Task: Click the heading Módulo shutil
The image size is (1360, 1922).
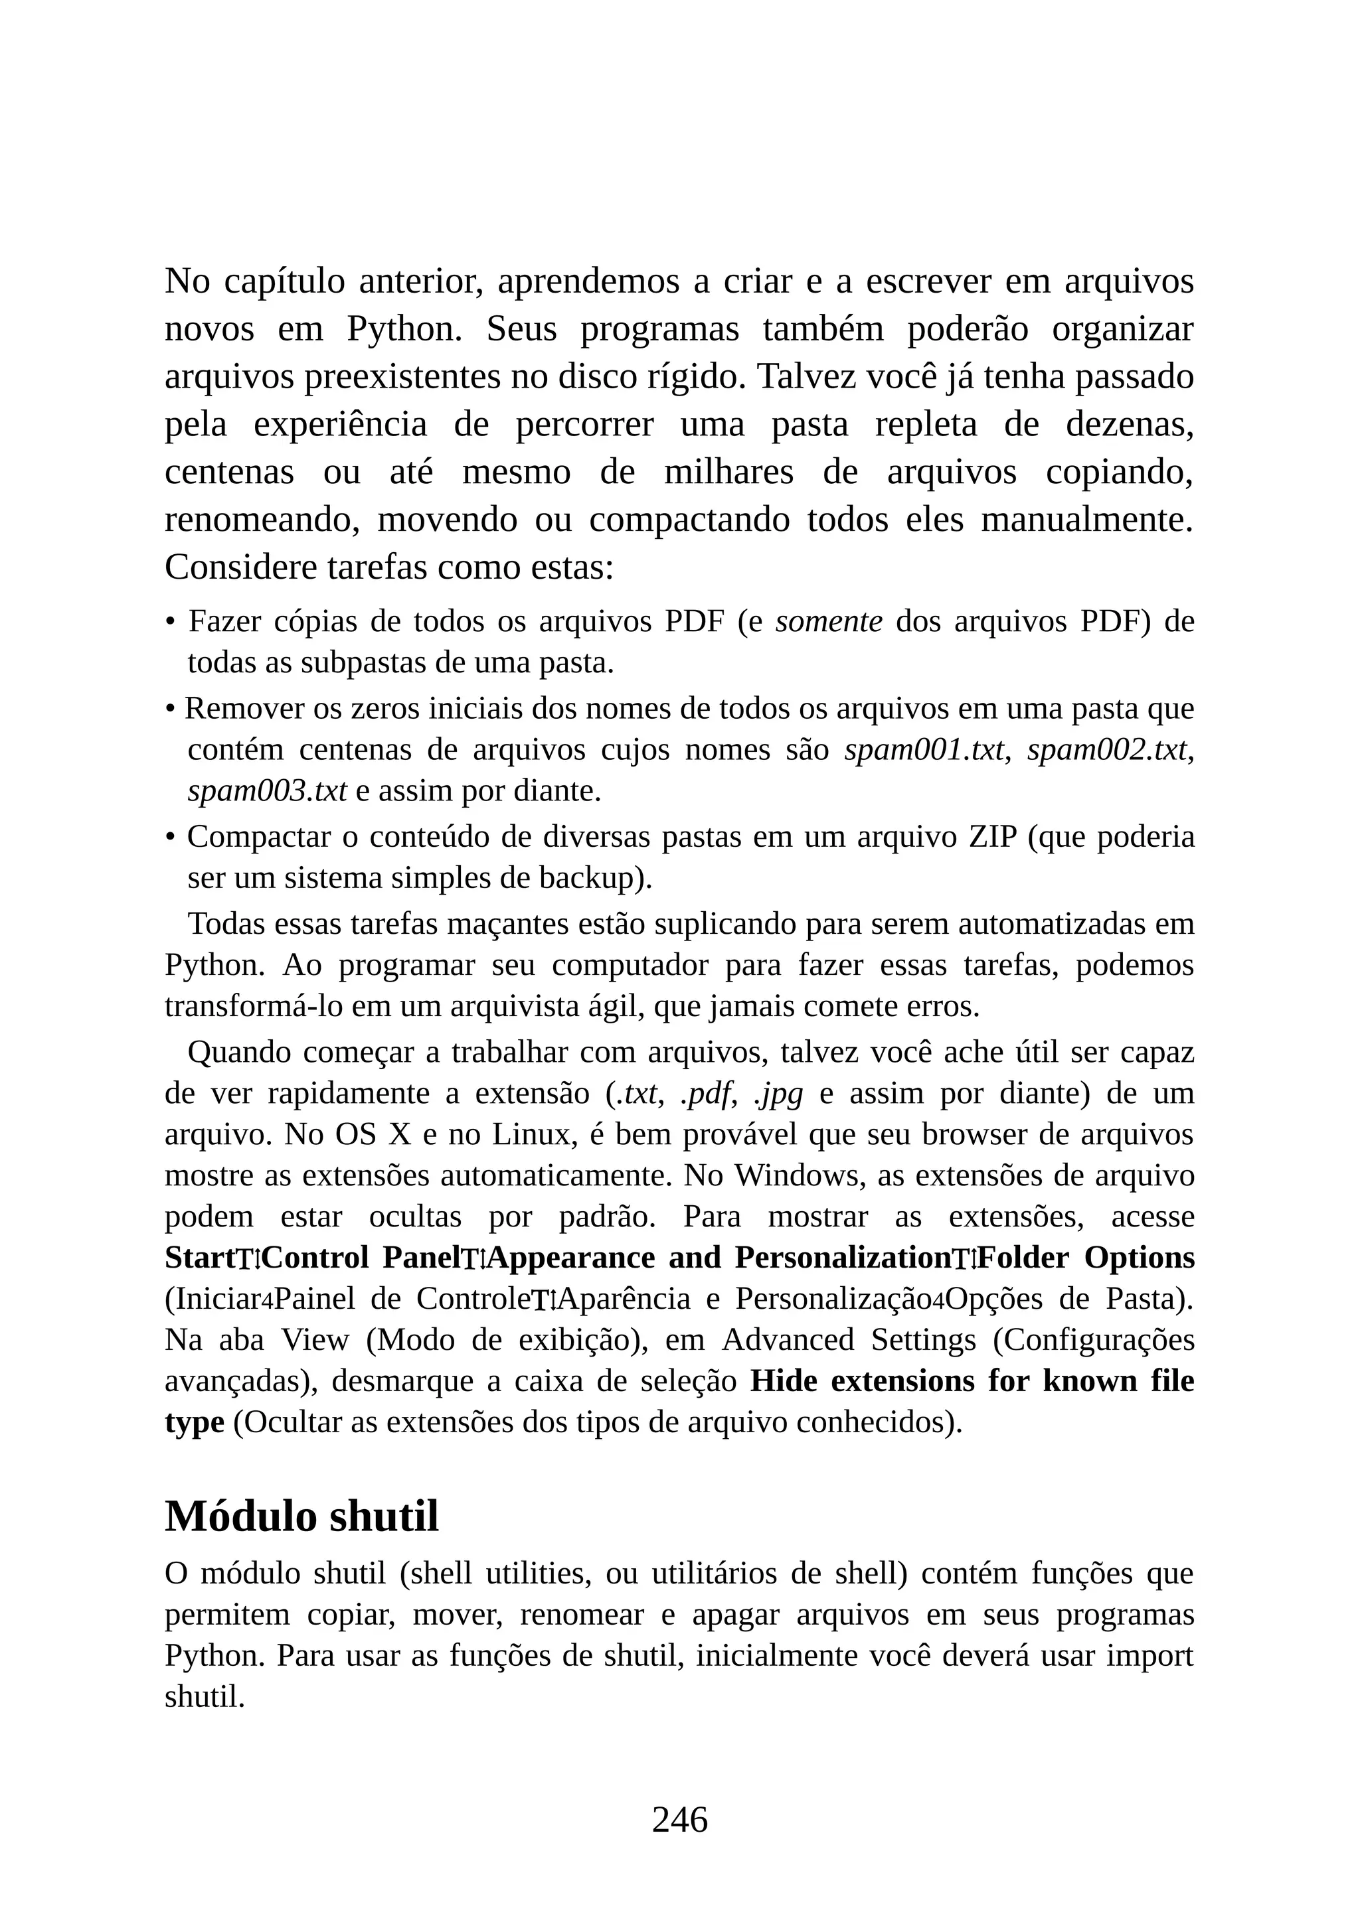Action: (x=301, y=1540)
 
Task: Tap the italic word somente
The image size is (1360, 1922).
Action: (x=828, y=622)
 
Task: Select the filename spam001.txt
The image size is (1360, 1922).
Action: (x=924, y=750)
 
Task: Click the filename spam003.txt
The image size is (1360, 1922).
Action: (x=266, y=791)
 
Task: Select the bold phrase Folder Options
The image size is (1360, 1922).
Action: (x=1086, y=1258)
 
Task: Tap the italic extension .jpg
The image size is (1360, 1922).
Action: (x=778, y=1093)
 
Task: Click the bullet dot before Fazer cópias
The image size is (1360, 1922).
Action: (x=170, y=623)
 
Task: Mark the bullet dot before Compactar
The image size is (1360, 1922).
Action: (x=170, y=837)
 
